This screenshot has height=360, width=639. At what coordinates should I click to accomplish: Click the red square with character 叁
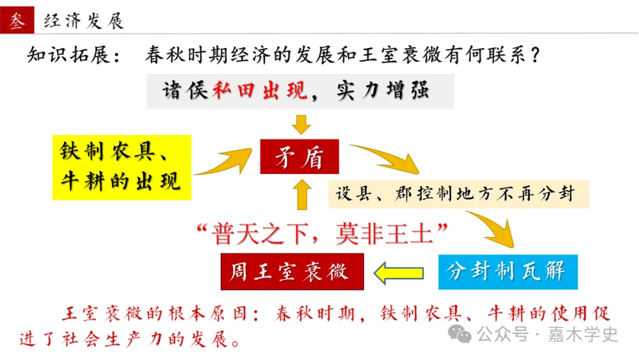click(17, 20)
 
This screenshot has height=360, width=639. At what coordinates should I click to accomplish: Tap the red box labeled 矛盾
click(299, 156)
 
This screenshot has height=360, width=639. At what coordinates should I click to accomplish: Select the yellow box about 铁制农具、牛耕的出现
click(121, 168)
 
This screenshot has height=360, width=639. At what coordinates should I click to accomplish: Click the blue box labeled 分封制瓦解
click(508, 272)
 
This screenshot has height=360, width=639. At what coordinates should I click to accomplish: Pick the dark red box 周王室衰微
click(292, 272)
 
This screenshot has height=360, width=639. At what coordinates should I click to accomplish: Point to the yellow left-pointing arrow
click(399, 273)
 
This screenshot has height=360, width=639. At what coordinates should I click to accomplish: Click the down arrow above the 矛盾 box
click(301, 124)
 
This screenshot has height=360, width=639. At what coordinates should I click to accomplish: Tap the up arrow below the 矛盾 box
click(302, 195)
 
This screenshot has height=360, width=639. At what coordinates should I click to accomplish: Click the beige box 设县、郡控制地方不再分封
click(459, 194)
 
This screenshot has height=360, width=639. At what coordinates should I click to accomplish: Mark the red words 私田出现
click(259, 91)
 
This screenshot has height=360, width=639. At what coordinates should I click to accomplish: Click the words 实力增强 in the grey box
click(383, 91)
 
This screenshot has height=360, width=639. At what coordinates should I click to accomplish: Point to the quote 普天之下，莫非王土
click(322, 234)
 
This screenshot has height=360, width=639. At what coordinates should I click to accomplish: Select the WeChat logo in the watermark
click(459, 335)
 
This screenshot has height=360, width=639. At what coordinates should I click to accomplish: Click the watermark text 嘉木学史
click(582, 335)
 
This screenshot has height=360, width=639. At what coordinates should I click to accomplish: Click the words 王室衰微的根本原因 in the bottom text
click(154, 314)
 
